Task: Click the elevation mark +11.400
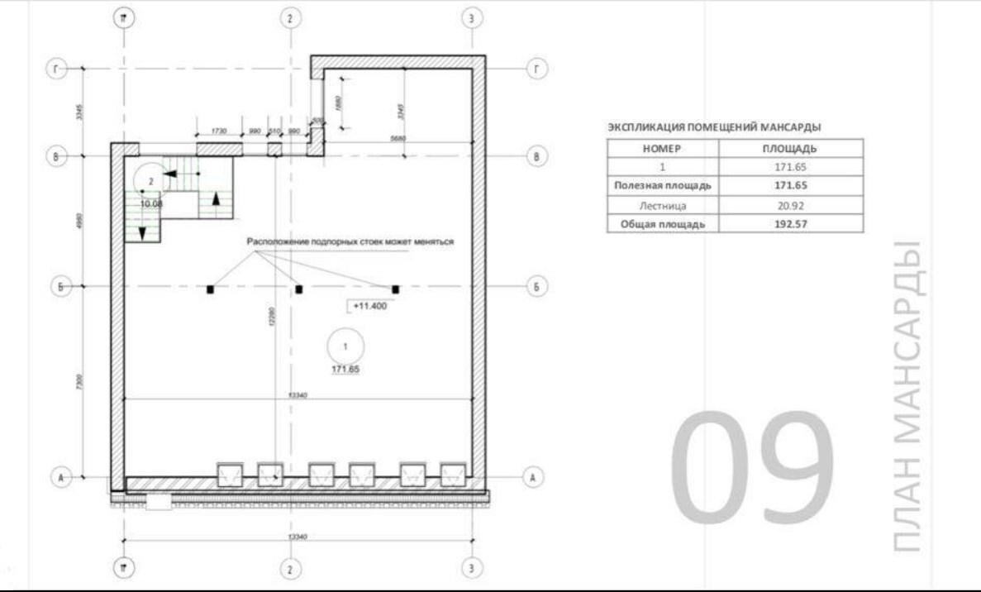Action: (369, 305)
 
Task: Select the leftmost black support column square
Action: (210, 289)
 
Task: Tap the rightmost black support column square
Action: (396, 289)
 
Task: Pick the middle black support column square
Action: (299, 289)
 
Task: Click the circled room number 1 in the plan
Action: (345, 345)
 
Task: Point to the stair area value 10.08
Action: (151, 202)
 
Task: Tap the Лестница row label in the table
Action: (663, 204)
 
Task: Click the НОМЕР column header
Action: (663, 149)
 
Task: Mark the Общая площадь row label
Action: (663, 223)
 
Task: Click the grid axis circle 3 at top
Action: (471, 18)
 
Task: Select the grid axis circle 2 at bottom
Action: (289, 569)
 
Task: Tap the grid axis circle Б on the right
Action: (537, 287)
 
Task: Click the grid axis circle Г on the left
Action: (57, 69)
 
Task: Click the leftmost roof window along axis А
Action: (229, 475)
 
